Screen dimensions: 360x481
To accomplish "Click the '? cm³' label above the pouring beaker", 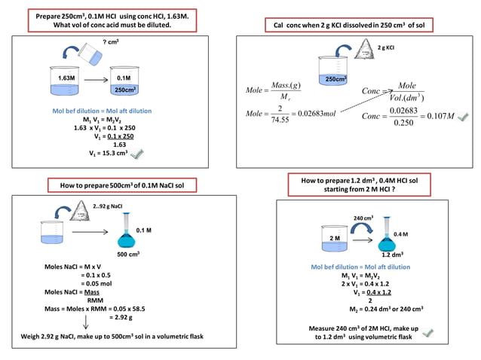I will (110, 43).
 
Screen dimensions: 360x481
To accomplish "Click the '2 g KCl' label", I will (386, 47).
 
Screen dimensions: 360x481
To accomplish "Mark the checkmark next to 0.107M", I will (464, 116).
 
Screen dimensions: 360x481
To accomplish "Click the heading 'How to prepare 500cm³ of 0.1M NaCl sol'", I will (122, 185).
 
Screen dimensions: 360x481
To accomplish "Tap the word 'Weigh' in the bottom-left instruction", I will (32, 336).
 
